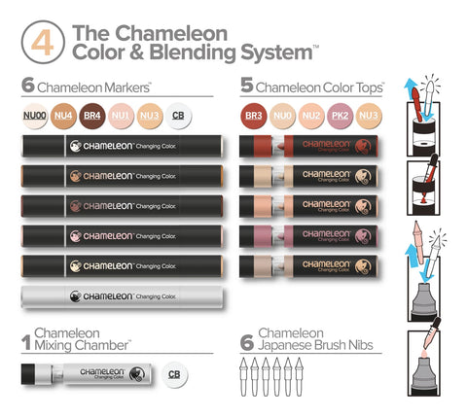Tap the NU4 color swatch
(x=63, y=117)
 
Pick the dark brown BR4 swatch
(x=92, y=117)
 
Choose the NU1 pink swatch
(x=122, y=117)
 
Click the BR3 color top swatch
(x=255, y=117)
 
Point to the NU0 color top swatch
(x=284, y=117)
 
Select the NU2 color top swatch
(x=313, y=117)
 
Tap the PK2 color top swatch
(x=342, y=117)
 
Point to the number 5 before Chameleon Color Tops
(x=248, y=86)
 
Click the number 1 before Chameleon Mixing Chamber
(x=27, y=339)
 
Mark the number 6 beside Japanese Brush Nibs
(x=248, y=339)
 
